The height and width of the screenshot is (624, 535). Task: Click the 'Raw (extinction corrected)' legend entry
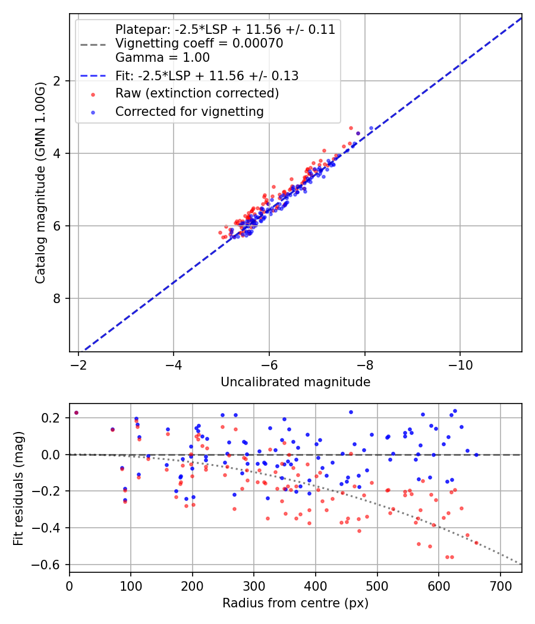[x=197, y=93]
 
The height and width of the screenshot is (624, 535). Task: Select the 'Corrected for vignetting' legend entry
[x=189, y=111]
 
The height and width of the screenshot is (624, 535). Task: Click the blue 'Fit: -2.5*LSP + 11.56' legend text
[x=207, y=75]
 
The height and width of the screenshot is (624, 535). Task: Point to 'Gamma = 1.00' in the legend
[x=162, y=58]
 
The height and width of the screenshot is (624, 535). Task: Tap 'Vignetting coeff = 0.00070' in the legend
[x=199, y=43]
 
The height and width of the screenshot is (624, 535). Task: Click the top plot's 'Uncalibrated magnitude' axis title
[x=295, y=382]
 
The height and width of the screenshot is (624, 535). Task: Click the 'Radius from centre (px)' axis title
[x=295, y=603]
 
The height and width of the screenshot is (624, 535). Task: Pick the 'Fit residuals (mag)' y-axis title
[x=18, y=488]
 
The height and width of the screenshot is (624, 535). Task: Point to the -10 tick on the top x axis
[x=460, y=364]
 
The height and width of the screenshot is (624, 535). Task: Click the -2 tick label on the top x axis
[x=78, y=364]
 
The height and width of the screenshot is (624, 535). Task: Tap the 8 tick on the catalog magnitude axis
[x=58, y=298]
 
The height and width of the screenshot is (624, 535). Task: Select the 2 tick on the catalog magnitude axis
[x=58, y=81]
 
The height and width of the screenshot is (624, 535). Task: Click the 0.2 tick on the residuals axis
[x=53, y=418]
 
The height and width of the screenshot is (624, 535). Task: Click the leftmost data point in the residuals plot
[x=76, y=412]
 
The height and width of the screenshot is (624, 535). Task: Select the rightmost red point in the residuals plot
[x=476, y=543]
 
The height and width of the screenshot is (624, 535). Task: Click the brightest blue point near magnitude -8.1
[x=371, y=128]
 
